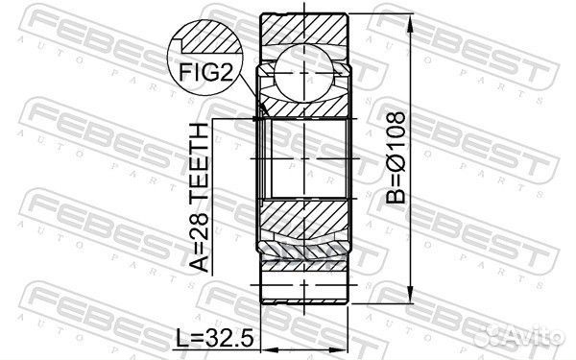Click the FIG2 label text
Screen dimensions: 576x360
206,72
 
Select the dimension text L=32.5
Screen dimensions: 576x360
215,338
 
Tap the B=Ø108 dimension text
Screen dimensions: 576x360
396,157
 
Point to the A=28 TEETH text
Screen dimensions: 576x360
199,197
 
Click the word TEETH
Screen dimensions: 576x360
199,157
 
